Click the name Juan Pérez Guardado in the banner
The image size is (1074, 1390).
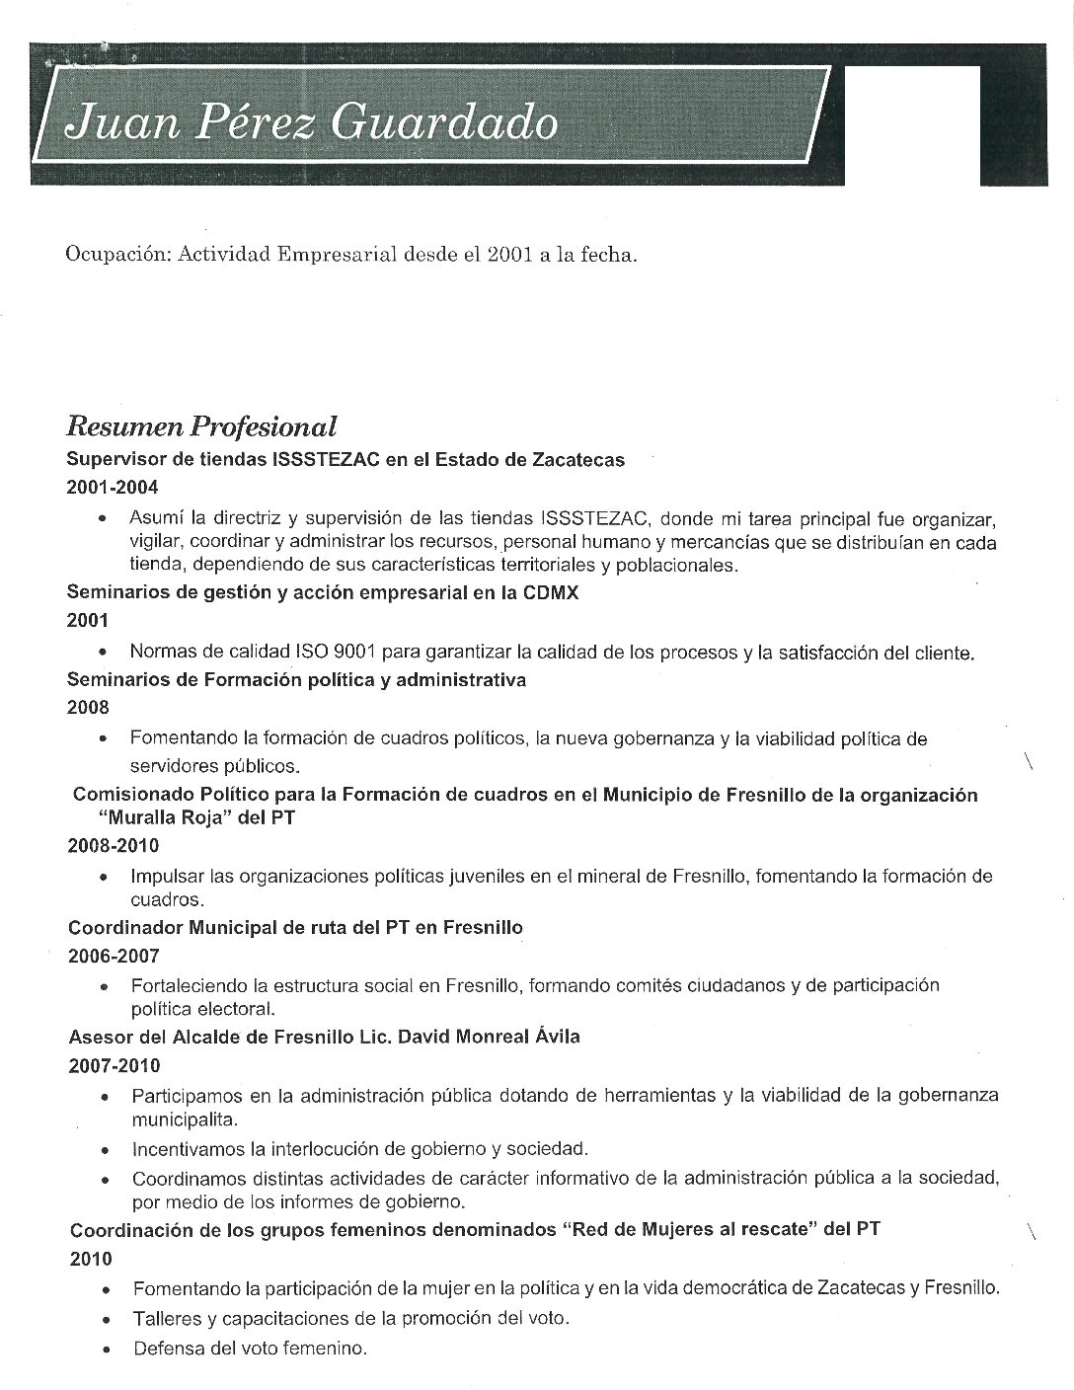tap(309, 124)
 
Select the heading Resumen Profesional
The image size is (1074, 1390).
tap(201, 426)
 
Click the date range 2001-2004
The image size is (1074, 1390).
tap(112, 487)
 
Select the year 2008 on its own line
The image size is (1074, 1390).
tap(88, 707)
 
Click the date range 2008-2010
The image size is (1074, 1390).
tap(114, 846)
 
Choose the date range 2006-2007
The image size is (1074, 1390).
tap(114, 956)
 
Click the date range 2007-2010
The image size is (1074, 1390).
tap(115, 1066)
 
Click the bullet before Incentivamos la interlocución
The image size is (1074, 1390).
tap(106, 1150)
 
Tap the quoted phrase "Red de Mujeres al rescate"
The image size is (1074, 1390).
tap(689, 1229)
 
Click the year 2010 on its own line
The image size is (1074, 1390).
tap(91, 1260)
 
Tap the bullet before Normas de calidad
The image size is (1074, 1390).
tap(104, 653)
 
